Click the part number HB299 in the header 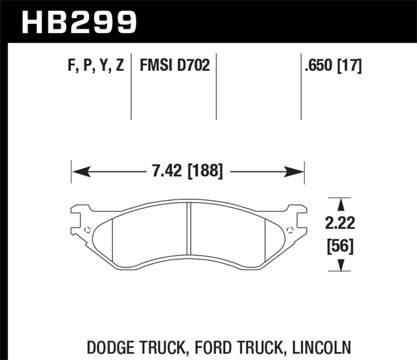(79, 22)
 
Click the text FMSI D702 (174, 66)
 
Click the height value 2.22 (341, 224)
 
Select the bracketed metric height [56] (341, 244)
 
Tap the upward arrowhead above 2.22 (341, 203)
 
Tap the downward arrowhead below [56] (341, 266)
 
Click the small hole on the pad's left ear (87, 230)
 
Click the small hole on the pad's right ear (290, 230)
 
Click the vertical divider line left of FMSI (131, 86)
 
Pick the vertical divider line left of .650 (301, 86)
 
